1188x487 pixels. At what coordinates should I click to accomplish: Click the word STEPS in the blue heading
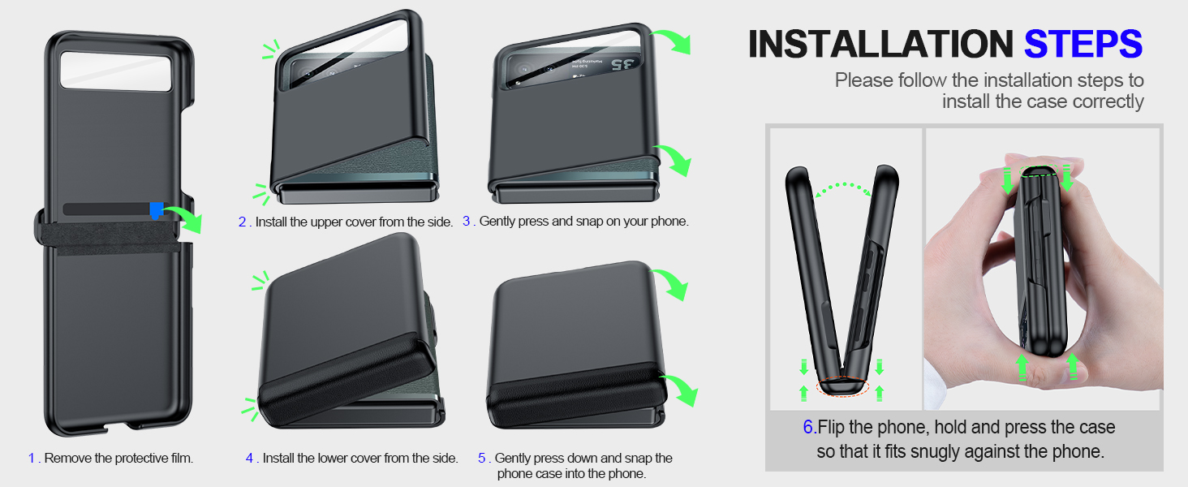point(1083,44)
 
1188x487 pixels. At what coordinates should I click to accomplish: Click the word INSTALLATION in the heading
point(880,44)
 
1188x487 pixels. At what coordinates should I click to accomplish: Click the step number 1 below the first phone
point(32,459)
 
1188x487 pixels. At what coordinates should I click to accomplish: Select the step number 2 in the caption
point(242,222)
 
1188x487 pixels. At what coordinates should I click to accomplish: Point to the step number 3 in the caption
point(467,221)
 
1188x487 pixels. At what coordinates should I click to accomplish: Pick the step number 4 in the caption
point(250,459)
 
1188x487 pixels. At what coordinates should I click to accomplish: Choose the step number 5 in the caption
point(481,459)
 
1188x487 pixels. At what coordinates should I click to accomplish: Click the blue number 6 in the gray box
point(808,428)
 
